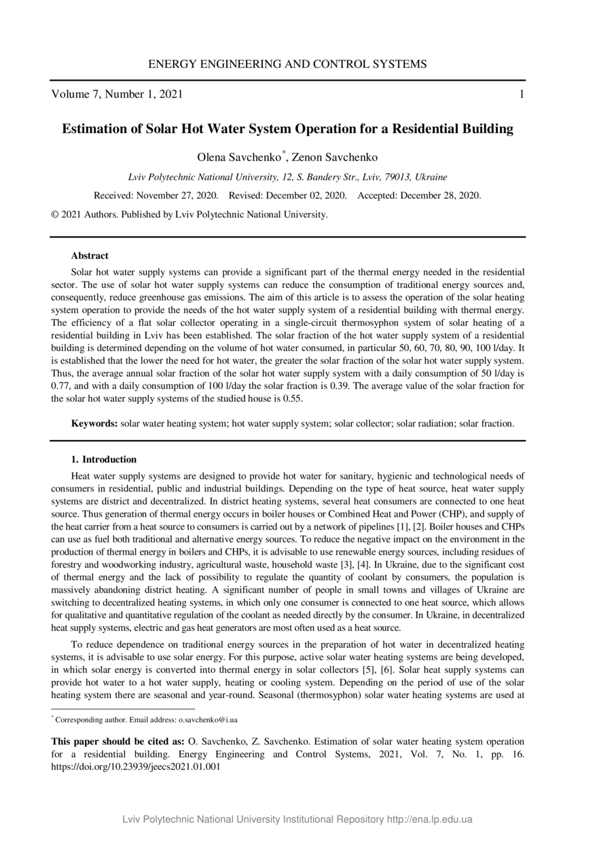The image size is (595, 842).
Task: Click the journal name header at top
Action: click(x=287, y=65)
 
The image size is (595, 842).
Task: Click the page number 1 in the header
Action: click(x=521, y=94)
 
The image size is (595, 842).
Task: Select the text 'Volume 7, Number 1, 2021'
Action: click(x=117, y=94)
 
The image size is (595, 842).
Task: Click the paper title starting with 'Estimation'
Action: click(x=287, y=128)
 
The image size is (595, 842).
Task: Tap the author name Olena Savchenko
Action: click(x=239, y=158)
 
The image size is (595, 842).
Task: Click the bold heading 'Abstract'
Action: click(x=90, y=256)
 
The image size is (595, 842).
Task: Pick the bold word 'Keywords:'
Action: click(x=94, y=424)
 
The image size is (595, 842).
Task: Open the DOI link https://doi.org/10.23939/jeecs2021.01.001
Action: click(x=136, y=767)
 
